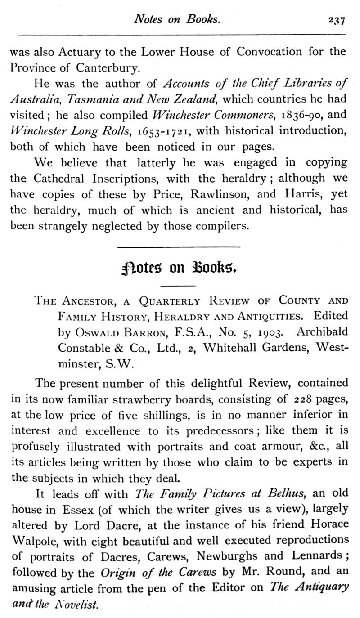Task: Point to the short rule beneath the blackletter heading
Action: coord(179,286)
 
